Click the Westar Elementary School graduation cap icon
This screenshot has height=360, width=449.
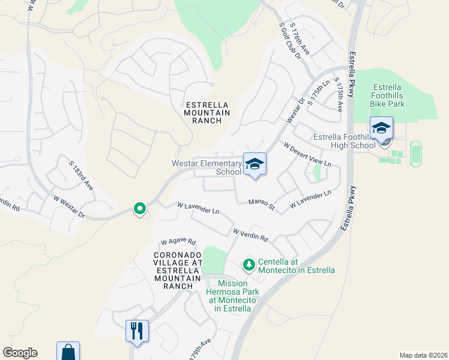coord(255,164)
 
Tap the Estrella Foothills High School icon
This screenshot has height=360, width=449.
coord(381,128)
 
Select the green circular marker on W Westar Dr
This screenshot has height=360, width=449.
coord(139,209)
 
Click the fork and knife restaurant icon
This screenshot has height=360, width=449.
coord(137,330)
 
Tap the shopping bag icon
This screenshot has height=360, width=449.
coord(68,352)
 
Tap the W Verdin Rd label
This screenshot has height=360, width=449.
coord(250,235)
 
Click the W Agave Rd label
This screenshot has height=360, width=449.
coord(178,242)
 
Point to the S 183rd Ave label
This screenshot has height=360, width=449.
coord(81,174)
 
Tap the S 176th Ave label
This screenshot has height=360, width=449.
coord(300,40)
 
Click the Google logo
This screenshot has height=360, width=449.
coord(20,353)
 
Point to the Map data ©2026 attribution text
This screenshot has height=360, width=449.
coord(423,355)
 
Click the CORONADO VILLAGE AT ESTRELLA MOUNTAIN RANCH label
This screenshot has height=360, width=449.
coord(177,270)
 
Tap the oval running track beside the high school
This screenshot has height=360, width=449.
coord(415,153)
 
